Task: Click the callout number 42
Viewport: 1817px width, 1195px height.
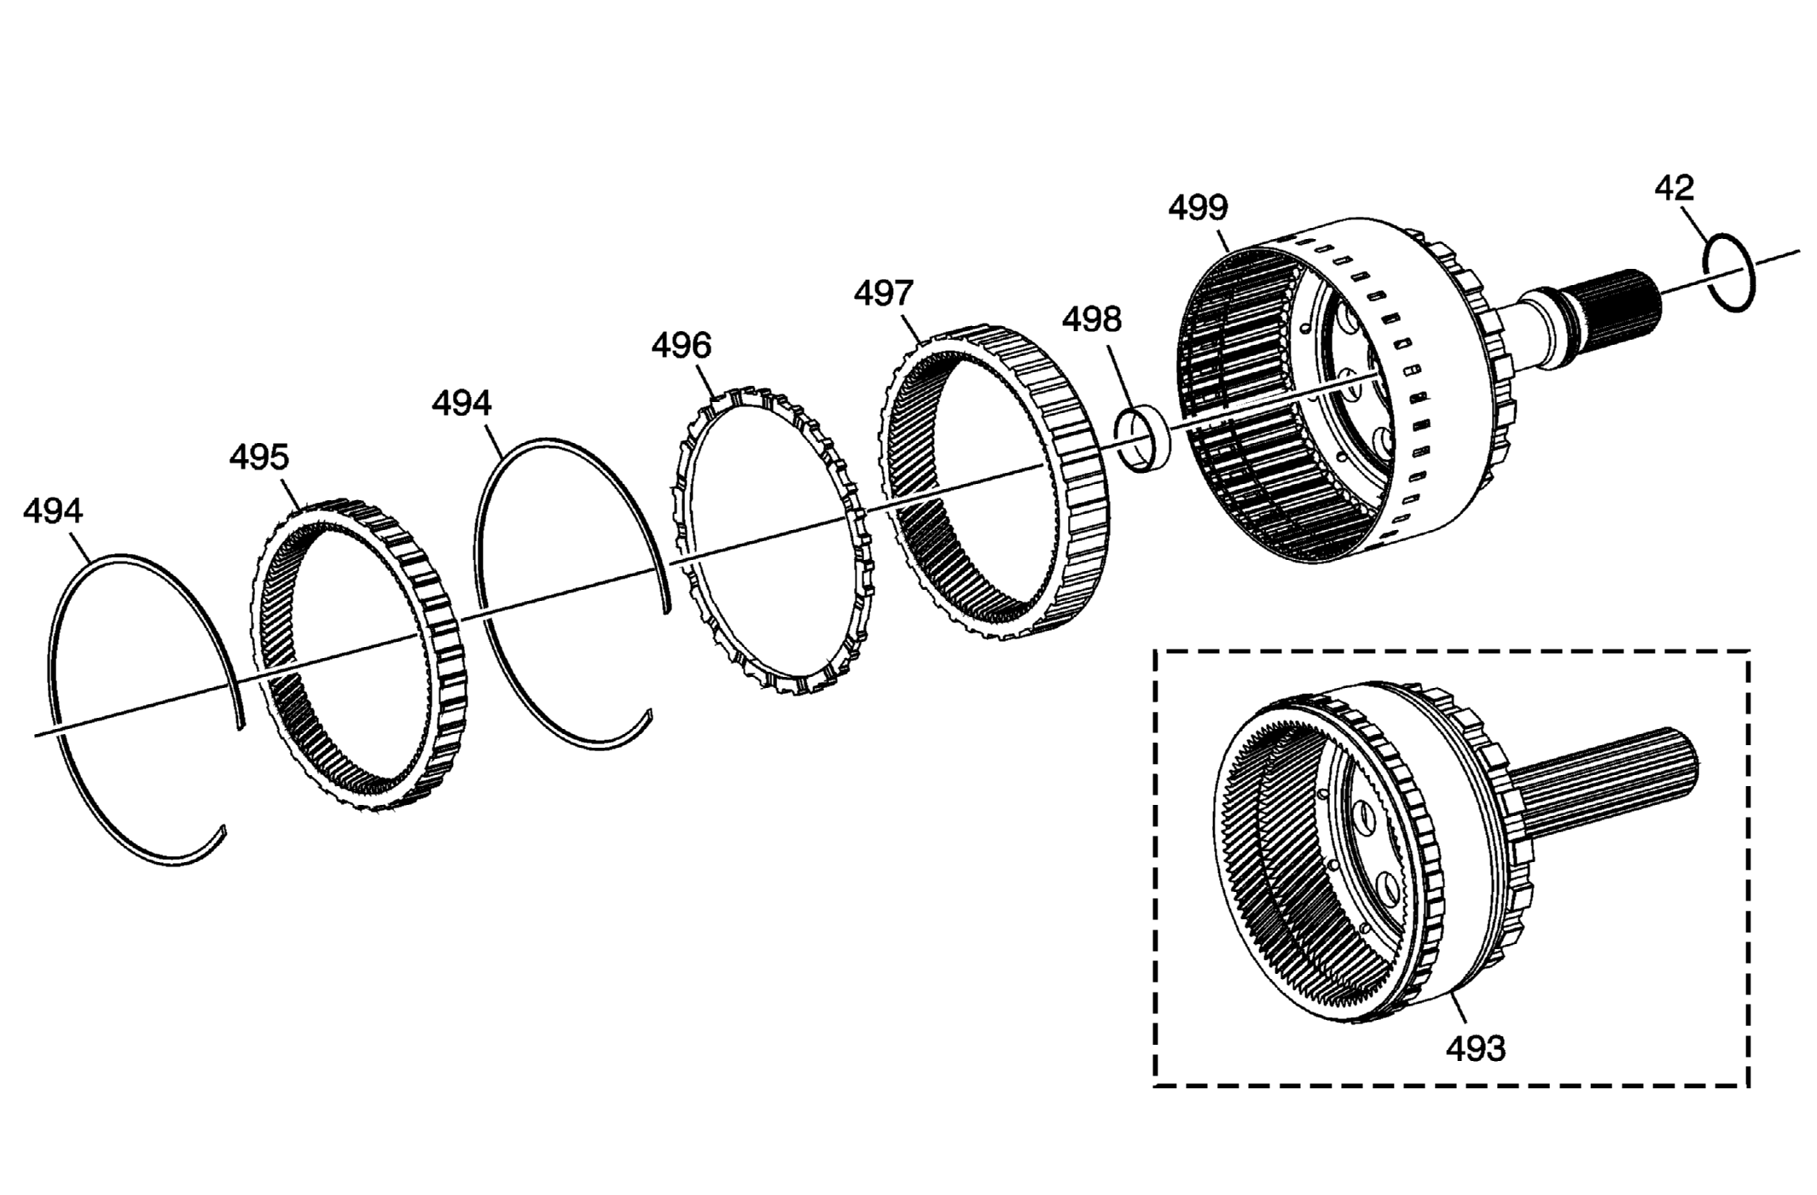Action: [x=1674, y=189]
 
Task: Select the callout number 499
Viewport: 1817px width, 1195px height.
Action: [x=1198, y=207]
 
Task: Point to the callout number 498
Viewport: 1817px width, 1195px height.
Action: [x=1091, y=320]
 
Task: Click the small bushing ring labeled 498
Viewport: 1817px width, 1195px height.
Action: [x=1142, y=439]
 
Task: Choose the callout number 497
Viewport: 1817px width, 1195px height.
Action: [x=884, y=294]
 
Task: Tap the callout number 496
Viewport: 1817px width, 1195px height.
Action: [x=681, y=346]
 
